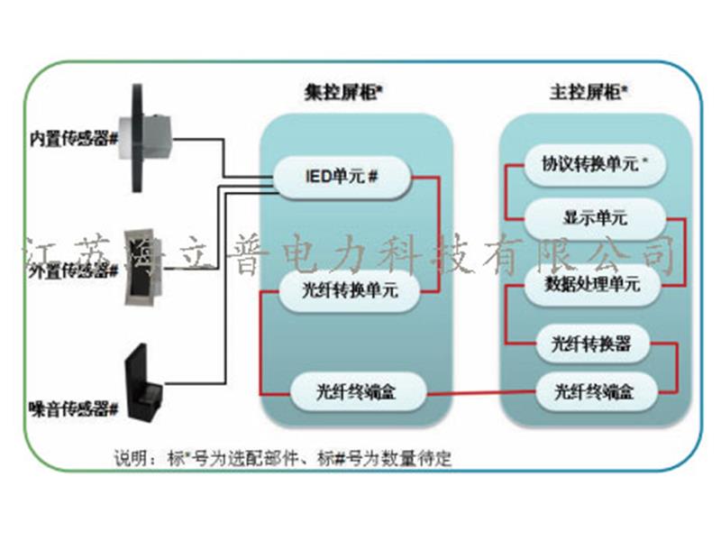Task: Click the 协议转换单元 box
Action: coord(590,165)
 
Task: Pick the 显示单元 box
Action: coord(595,219)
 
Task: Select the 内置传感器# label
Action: coord(75,139)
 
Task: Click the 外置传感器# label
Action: coord(75,268)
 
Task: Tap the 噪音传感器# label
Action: coord(75,409)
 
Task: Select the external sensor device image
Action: coord(144,257)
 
